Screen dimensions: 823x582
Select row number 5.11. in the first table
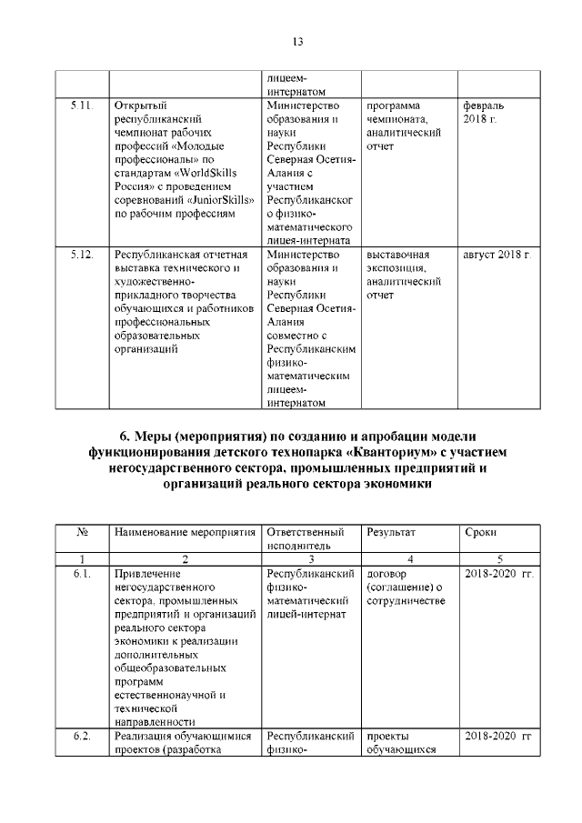(82, 106)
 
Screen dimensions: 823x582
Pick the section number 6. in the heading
(126, 436)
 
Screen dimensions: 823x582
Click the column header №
(82, 531)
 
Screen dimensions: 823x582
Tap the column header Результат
(389, 531)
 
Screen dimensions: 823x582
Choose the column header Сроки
(480, 531)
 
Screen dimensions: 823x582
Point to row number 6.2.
(82, 736)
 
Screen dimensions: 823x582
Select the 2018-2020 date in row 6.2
(497, 736)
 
